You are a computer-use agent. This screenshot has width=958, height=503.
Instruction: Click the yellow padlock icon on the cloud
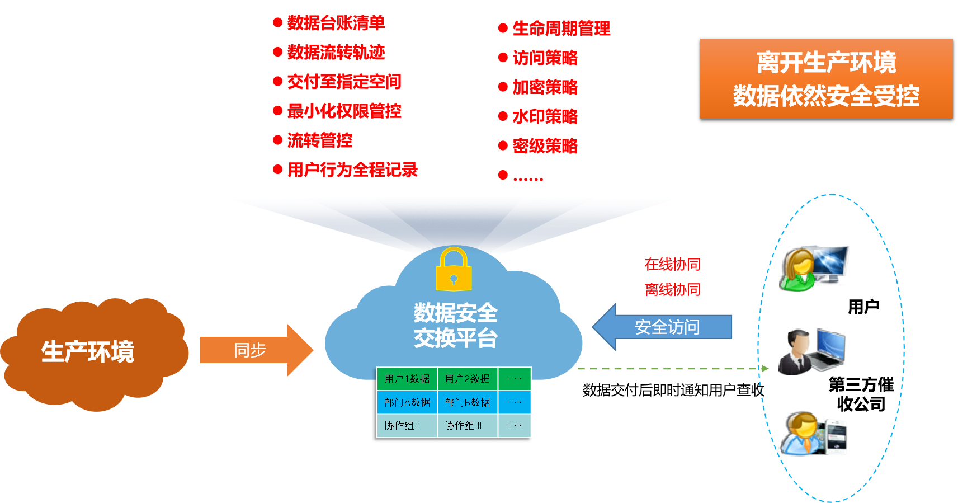pos(454,270)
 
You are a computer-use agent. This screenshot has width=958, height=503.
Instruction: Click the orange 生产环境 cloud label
pos(88,352)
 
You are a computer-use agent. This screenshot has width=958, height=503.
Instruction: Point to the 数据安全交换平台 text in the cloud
pos(455,326)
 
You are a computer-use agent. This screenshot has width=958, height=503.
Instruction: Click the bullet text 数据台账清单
pos(336,23)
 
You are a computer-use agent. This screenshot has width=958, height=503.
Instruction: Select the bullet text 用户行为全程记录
pos(352,170)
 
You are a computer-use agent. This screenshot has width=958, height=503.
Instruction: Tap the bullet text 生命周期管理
pos(561,29)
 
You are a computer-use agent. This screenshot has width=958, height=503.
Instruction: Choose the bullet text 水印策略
pos(545,116)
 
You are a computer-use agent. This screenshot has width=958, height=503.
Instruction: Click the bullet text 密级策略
pos(545,146)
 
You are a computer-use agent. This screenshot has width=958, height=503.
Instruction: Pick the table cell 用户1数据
pos(407,379)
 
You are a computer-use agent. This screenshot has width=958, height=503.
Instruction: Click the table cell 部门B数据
pos(468,402)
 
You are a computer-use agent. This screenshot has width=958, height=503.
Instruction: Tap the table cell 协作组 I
pos(403,426)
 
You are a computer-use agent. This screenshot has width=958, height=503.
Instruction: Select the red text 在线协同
pos(672,264)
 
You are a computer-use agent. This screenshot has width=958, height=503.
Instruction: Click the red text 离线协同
pos(672,289)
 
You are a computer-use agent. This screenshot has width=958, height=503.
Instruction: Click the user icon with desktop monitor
pos(814,268)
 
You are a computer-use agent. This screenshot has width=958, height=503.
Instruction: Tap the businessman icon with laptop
pos(811,352)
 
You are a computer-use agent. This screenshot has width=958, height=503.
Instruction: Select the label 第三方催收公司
pos(861,394)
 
